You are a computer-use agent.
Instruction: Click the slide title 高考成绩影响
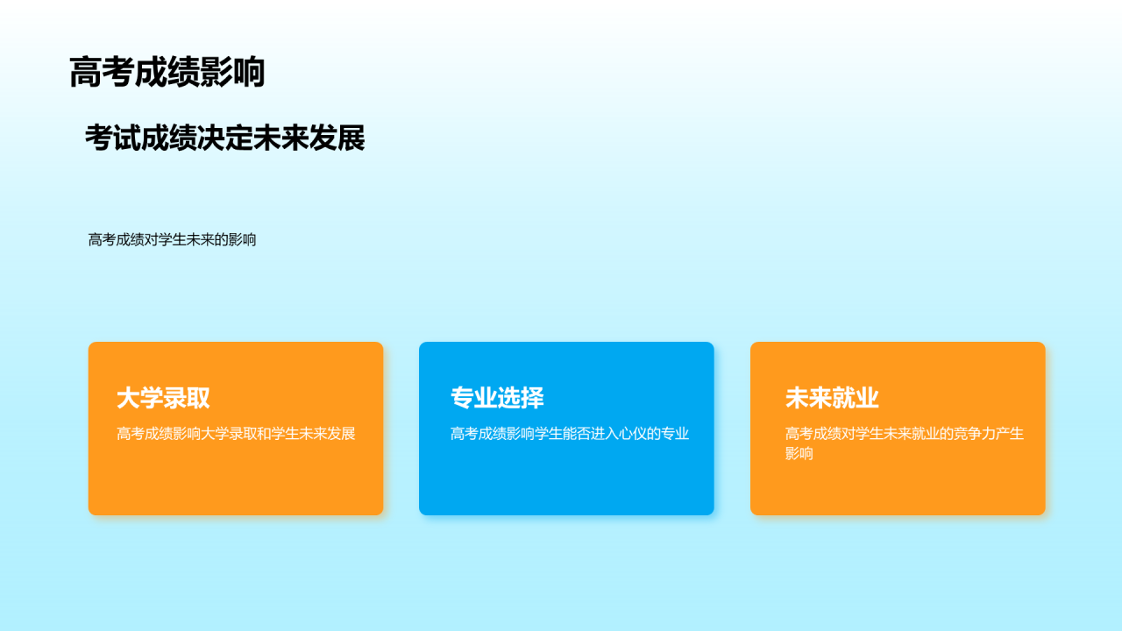click(x=167, y=73)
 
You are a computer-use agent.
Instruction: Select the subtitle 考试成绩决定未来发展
click(x=224, y=138)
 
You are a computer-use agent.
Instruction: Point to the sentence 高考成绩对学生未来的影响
click(x=172, y=239)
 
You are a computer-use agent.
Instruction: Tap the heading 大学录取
click(x=163, y=398)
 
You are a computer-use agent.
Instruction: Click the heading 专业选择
click(x=497, y=398)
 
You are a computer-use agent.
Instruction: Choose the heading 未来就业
click(x=832, y=398)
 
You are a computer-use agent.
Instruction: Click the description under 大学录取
click(x=236, y=434)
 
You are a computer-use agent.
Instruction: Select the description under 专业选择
click(x=570, y=434)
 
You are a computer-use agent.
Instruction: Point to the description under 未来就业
click(x=904, y=443)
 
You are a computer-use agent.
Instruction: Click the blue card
click(x=566, y=482)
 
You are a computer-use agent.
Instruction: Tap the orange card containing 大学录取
click(x=236, y=482)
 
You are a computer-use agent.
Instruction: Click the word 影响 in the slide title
click(x=232, y=73)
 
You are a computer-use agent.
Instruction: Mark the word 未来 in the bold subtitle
click(x=280, y=138)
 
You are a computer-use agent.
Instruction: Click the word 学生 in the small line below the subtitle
click(x=172, y=239)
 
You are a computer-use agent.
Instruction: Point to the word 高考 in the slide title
click(x=102, y=73)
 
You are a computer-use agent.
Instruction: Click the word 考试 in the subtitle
click(x=113, y=138)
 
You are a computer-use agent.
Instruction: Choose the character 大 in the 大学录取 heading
click(x=129, y=398)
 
